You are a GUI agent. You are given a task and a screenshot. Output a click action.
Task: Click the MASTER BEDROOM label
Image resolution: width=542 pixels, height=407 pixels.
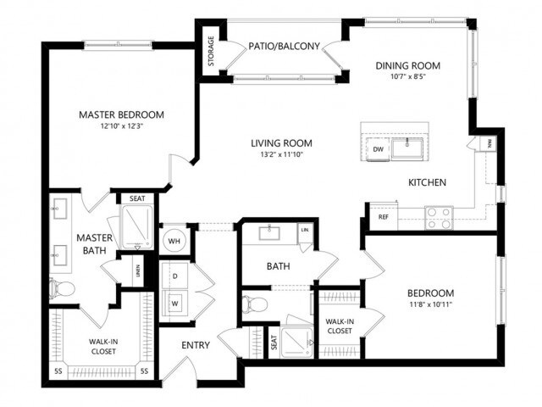[121, 114]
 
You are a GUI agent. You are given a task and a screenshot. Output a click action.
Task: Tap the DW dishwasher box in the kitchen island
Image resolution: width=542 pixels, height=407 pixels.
[379, 149]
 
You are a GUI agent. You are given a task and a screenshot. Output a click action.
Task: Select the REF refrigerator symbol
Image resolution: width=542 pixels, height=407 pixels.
[384, 217]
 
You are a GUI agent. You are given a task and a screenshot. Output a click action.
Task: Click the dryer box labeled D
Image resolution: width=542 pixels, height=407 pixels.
[175, 276]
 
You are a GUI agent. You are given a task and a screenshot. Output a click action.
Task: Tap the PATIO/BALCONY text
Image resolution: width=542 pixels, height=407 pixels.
[284, 47]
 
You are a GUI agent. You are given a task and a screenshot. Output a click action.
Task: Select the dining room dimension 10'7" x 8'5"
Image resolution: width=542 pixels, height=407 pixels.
[407, 77]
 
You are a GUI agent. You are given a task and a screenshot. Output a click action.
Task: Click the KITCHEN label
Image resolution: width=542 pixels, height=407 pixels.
[427, 182]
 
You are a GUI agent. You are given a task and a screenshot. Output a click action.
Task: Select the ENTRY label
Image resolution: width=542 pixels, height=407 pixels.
[196, 345]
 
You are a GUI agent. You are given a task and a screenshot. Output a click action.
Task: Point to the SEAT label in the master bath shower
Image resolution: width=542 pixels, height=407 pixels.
[137, 198]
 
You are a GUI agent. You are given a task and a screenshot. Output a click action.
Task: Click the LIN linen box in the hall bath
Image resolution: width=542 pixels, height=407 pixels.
[303, 230]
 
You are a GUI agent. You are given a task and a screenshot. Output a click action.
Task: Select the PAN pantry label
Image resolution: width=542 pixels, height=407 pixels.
[489, 144]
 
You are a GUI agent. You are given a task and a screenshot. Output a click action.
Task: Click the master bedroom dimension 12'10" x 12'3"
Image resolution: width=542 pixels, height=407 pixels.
[121, 127]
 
